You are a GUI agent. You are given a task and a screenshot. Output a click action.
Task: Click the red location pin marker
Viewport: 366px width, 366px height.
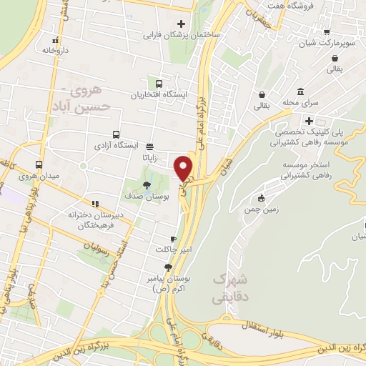pyautogui.click(x=184, y=167)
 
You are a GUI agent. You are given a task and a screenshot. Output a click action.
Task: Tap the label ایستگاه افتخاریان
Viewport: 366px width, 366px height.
pyautogui.click(x=159, y=94)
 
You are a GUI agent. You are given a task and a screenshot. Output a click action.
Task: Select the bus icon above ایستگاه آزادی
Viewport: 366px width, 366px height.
pyautogui.click(x=116, y=134)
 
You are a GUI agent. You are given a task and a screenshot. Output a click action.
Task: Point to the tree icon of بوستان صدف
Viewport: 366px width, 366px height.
pyautogui.click(x=147, y=184)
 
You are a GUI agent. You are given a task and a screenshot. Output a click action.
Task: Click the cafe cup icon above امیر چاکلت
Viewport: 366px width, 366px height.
pyautogui.click(x=172, y=239)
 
